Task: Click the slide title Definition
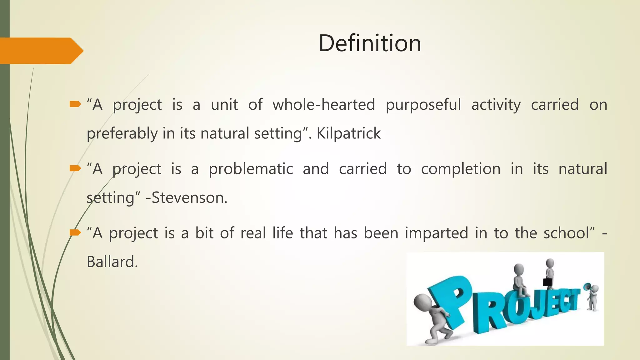370,43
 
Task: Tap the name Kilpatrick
348,133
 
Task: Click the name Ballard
112,262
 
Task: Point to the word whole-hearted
323,105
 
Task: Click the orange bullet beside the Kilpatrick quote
75,104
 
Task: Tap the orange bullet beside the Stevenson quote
75,169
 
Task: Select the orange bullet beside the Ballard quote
75,232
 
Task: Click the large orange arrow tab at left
41,51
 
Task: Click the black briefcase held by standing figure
547,282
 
